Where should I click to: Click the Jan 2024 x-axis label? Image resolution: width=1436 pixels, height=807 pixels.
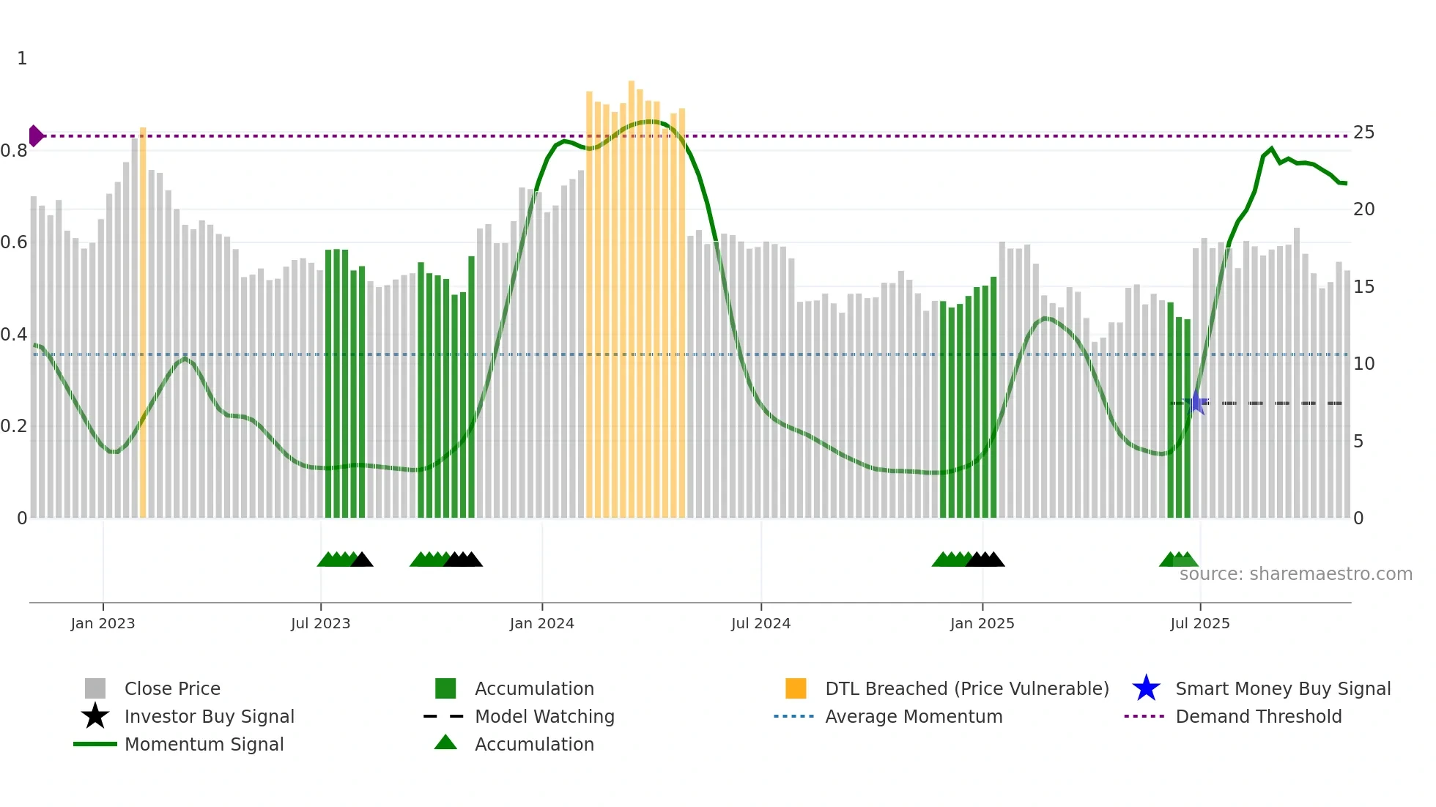tap(541, 623)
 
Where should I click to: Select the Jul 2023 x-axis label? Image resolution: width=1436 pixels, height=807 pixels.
tap(320, 623)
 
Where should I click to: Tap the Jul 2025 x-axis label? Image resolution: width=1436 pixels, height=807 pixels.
tap(1199, 623)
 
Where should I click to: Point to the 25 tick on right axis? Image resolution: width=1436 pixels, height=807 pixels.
tap(1363, 133)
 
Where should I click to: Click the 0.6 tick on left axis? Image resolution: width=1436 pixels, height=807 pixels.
tap(14, 242)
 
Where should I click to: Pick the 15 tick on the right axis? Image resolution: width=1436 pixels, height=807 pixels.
tap(1363, 287)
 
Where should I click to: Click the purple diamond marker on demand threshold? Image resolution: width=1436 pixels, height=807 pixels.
tap(35, 135)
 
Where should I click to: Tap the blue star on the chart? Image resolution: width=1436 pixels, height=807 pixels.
tap(1196, 403)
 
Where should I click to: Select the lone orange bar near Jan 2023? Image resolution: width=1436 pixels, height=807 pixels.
tap(143, 322)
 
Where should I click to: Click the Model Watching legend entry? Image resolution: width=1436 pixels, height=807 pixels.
tap(544, 716)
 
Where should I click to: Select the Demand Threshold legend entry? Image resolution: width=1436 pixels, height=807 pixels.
tap(1258, 716)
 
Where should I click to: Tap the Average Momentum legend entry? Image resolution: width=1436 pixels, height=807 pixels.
tap(913, 716)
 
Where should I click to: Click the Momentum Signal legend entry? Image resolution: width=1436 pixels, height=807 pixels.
tap(204, 744)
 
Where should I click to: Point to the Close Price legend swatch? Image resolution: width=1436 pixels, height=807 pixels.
tap(95, 688)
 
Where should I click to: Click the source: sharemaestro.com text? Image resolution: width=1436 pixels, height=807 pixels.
tap(1295, 573)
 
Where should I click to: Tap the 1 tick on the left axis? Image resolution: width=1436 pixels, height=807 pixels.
tap(22, 59)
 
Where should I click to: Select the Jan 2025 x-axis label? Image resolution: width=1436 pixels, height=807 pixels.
tap(982, 623)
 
